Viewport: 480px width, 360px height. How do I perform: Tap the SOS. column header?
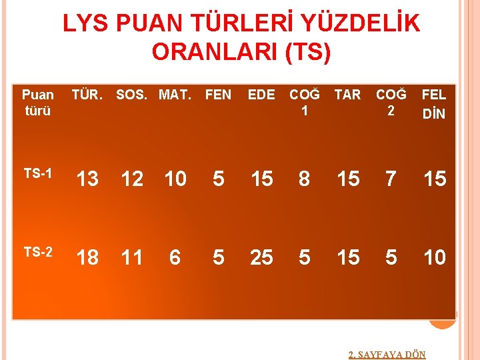133,95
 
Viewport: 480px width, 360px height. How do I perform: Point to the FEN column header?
218,95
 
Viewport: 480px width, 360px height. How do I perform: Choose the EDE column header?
261,95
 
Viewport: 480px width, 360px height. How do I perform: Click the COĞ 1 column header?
305,103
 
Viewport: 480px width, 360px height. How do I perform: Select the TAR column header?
347,95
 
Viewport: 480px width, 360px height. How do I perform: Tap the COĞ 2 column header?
391,103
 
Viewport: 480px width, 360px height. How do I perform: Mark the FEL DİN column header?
434,103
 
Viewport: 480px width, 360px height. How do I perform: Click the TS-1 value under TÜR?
87,179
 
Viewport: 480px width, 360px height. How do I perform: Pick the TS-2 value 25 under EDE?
261,257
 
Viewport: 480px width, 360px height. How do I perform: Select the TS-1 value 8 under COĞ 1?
305,179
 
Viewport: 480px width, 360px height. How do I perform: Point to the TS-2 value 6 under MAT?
175,257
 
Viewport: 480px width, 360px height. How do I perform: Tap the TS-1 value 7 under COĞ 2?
391,179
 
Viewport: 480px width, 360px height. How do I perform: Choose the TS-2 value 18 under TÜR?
87,257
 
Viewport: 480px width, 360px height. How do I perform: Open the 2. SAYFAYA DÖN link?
387,355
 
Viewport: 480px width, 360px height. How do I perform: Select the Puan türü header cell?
37,103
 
